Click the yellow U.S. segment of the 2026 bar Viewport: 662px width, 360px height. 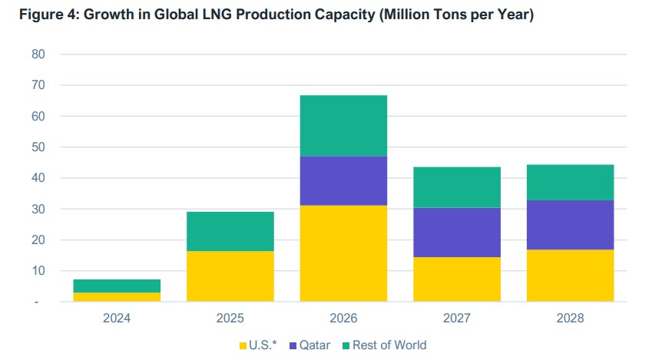coord(343,253)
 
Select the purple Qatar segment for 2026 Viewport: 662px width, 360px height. coord(343,180)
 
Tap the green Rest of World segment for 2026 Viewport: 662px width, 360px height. coord(343,126)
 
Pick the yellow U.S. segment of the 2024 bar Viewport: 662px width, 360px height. coord(117,297)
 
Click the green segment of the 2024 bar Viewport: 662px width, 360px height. coord(117,286)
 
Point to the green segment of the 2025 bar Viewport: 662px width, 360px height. coord(230,231)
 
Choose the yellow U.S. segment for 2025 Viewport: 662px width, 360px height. coord(230,276)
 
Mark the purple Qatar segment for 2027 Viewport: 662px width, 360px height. coord(457,232)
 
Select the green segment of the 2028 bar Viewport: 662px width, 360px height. coord(570,182)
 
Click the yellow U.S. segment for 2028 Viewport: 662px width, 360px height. coord(570,276)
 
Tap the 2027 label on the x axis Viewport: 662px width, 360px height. coord(457,318)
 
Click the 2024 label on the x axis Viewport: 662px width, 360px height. coord(117,318)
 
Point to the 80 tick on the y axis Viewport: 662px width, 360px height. coord(38,54)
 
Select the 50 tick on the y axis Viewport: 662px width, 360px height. coord(38,147)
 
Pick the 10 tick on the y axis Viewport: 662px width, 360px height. coord(38,271)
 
